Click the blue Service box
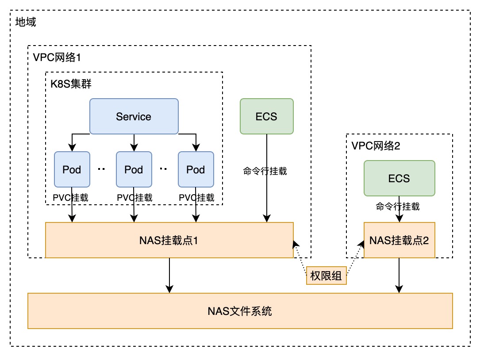tap(134, 116)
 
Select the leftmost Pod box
tap(72, 169)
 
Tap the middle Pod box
tap(134, 169)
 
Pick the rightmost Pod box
tap(196, 169)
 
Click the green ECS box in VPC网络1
tap(266, 116)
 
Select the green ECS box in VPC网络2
tap(399, 178)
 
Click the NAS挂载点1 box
tap(169, 240)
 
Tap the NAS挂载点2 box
tap(399, 240)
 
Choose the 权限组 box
tap(326, 276)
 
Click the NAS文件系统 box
tap(240, 311)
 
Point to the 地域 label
tap(26, 22)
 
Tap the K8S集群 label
tap(71, 84)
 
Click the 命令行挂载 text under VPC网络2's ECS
tap(397, 206)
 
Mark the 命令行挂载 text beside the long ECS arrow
tap(265, 171)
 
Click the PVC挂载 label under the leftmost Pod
tap(71, 197)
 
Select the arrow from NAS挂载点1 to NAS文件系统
tap(169, 275)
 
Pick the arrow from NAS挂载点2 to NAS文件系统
tap(399, 275)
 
